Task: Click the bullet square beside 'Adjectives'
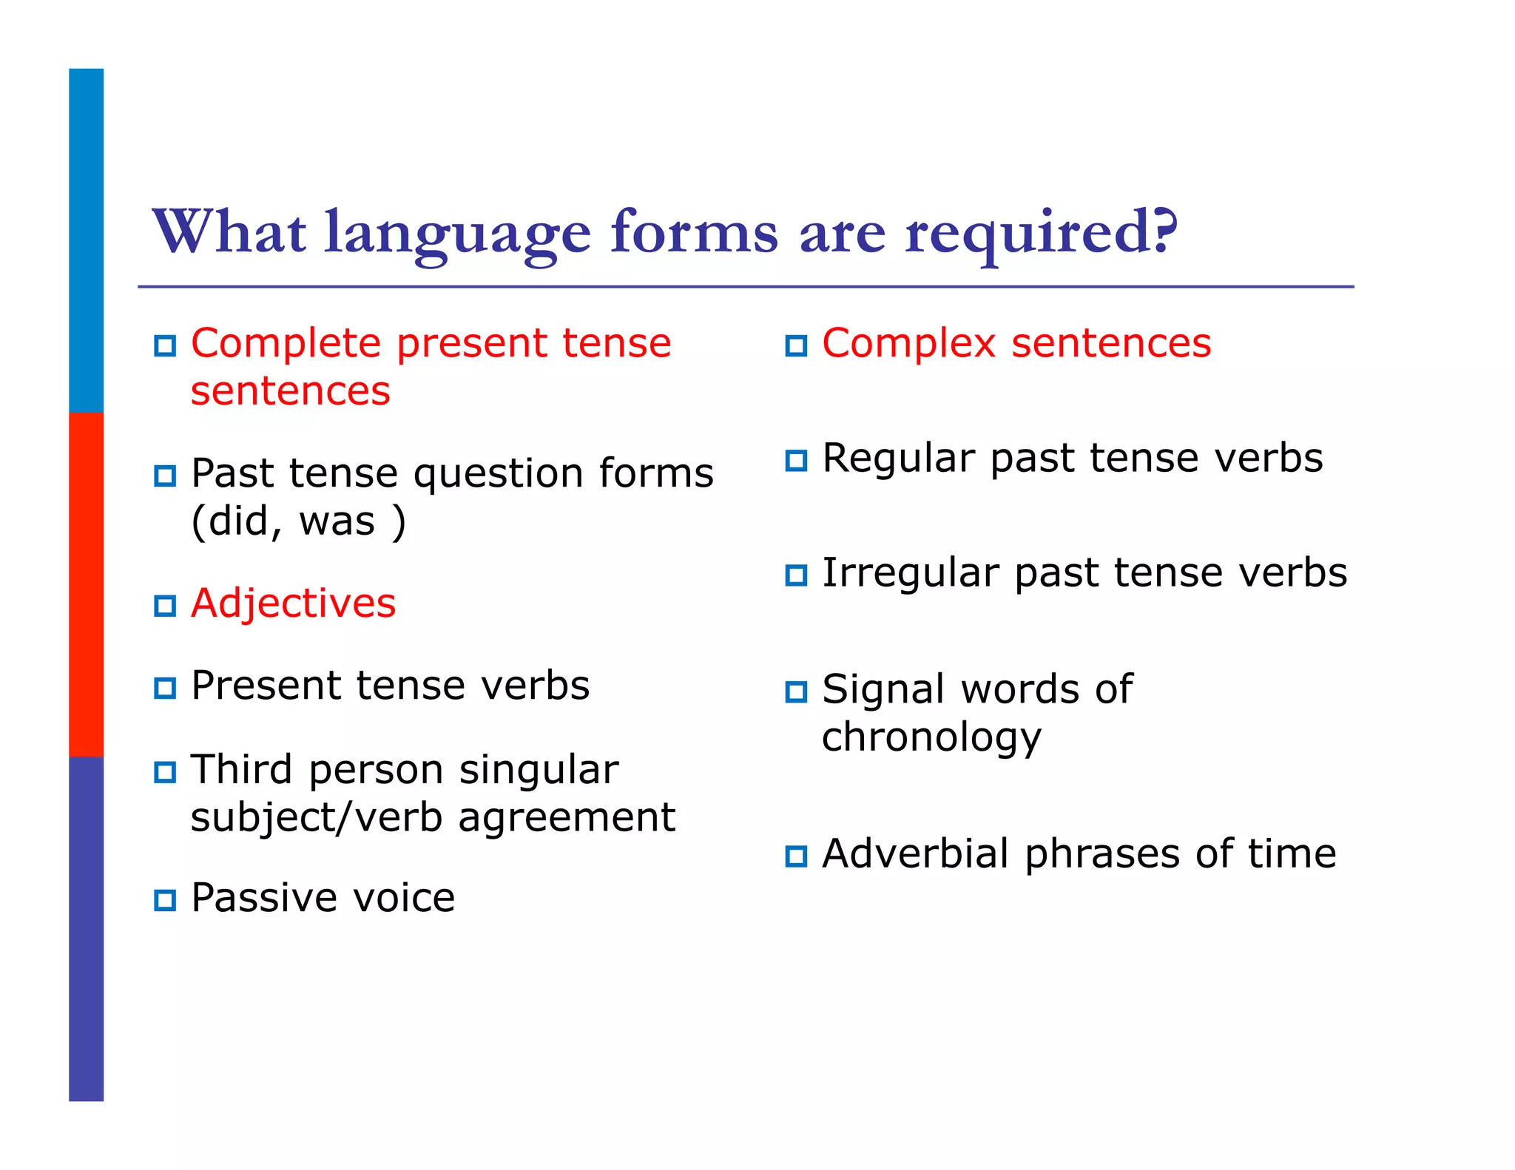pyautogui.click(x=165, y=606)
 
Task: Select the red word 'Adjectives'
pyautogui.click(x=293, y=603)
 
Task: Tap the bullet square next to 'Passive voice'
pyautogui.click(x=165, y=900)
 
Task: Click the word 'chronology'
pyautogui.click(x=931, y=737)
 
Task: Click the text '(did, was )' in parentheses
pyautogui.click(x=298, y=521)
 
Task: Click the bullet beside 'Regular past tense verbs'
pyautogui.click(x=796, y=461)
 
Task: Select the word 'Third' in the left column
pyautogui.click(x=241, y=770)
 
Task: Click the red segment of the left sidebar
pyautogui.click(x=86, y=584)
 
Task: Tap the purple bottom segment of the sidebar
pyautogui.click(x=86, y=928)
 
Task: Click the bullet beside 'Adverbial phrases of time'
pyautogui.click(x=796, y=856)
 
